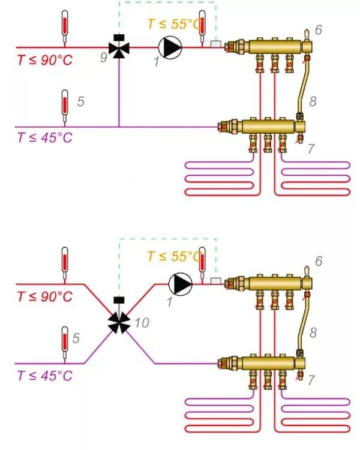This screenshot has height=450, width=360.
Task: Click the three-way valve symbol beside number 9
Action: click(119, 47)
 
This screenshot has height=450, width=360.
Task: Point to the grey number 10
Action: click(142, 323)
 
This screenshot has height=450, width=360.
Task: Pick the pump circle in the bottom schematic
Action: click(179, 282)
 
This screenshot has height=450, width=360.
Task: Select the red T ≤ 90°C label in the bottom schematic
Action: click(44, 296)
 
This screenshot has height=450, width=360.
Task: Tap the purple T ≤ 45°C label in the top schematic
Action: click(44, 137)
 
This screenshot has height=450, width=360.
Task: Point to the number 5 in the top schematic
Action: click(80, 101)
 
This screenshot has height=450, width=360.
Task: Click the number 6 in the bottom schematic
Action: click(319, 261)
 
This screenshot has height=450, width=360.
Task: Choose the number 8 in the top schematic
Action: click(313, 101)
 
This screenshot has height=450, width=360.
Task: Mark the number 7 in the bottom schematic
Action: click(311, 380)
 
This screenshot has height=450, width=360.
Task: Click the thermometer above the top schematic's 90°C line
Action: click(65, 24)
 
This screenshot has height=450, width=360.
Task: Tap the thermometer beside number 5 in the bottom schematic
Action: click(65, 342)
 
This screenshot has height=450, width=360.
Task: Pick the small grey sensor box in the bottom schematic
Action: click(216, 280)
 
